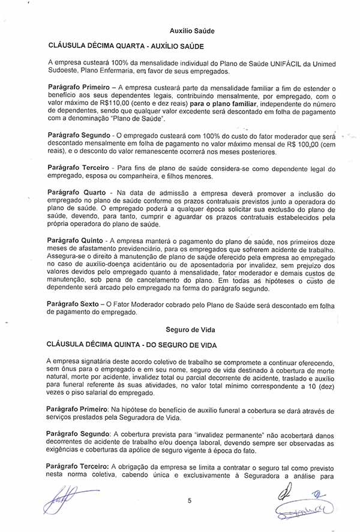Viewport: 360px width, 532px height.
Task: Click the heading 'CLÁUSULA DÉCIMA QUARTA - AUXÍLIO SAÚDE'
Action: click(x=125, y=46)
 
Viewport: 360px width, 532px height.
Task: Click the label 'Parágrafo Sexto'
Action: click(x=74, y=304)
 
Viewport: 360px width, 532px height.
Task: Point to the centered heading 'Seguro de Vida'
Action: click(x=191, y=330)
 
